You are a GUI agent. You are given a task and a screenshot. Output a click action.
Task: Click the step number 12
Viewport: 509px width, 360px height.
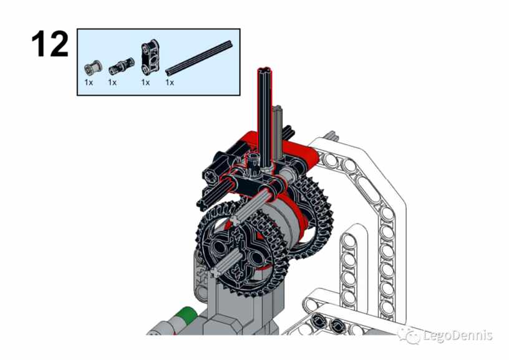[50, 44]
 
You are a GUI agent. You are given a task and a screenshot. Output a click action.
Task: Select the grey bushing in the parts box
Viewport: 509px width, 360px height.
[93, 68]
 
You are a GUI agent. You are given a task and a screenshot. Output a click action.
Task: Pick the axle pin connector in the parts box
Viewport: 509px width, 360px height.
[121, 65]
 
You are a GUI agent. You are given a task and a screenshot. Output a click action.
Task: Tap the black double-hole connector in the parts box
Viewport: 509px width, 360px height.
[150, 55]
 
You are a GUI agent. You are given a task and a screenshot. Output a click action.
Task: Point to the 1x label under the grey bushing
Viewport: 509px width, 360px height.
[89, 82]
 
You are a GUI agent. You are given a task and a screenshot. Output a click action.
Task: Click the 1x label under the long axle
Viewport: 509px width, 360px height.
[170, 82]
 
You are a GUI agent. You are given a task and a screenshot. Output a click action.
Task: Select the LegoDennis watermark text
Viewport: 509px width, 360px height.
[458, 335]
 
